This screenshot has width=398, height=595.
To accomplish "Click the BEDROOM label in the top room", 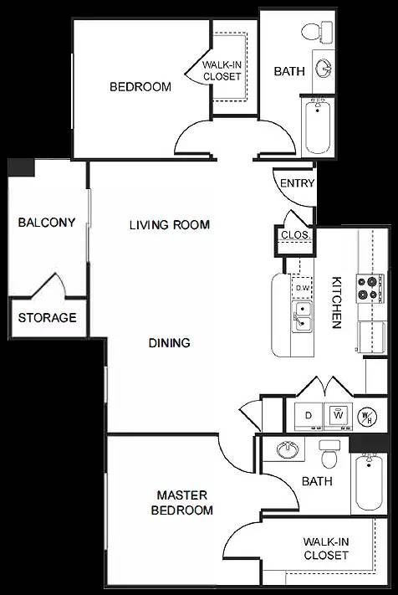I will click(140, 86).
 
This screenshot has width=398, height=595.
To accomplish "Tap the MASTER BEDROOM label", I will click(181, 503).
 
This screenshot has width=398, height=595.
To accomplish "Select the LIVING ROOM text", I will click(169, 224).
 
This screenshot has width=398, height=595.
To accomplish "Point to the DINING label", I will click(170, 342).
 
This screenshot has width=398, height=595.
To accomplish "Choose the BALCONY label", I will click(47, 223).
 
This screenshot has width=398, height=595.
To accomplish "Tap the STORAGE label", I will click(48, 318).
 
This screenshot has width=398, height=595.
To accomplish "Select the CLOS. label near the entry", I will click(295, 236).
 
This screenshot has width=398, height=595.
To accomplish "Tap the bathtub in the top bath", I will click(318, 126).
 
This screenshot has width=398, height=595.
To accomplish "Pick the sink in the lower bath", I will click(288, 449).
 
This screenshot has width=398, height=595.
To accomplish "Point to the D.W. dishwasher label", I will click(303, 288).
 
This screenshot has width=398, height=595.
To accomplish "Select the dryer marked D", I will click(308, 415).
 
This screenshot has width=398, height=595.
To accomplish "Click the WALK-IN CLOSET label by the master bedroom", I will click(326, 549).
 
